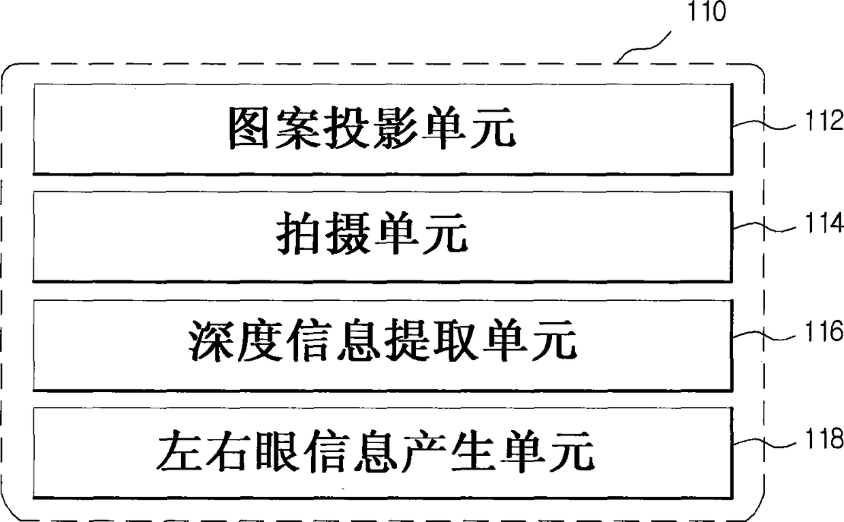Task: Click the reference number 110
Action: click(705, 12)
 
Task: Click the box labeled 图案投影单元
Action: click(383, 129)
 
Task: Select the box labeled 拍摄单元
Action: click(383, 236)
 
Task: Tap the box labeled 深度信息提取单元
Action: click(383, 345)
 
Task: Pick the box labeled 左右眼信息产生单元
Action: click(383, 453)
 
